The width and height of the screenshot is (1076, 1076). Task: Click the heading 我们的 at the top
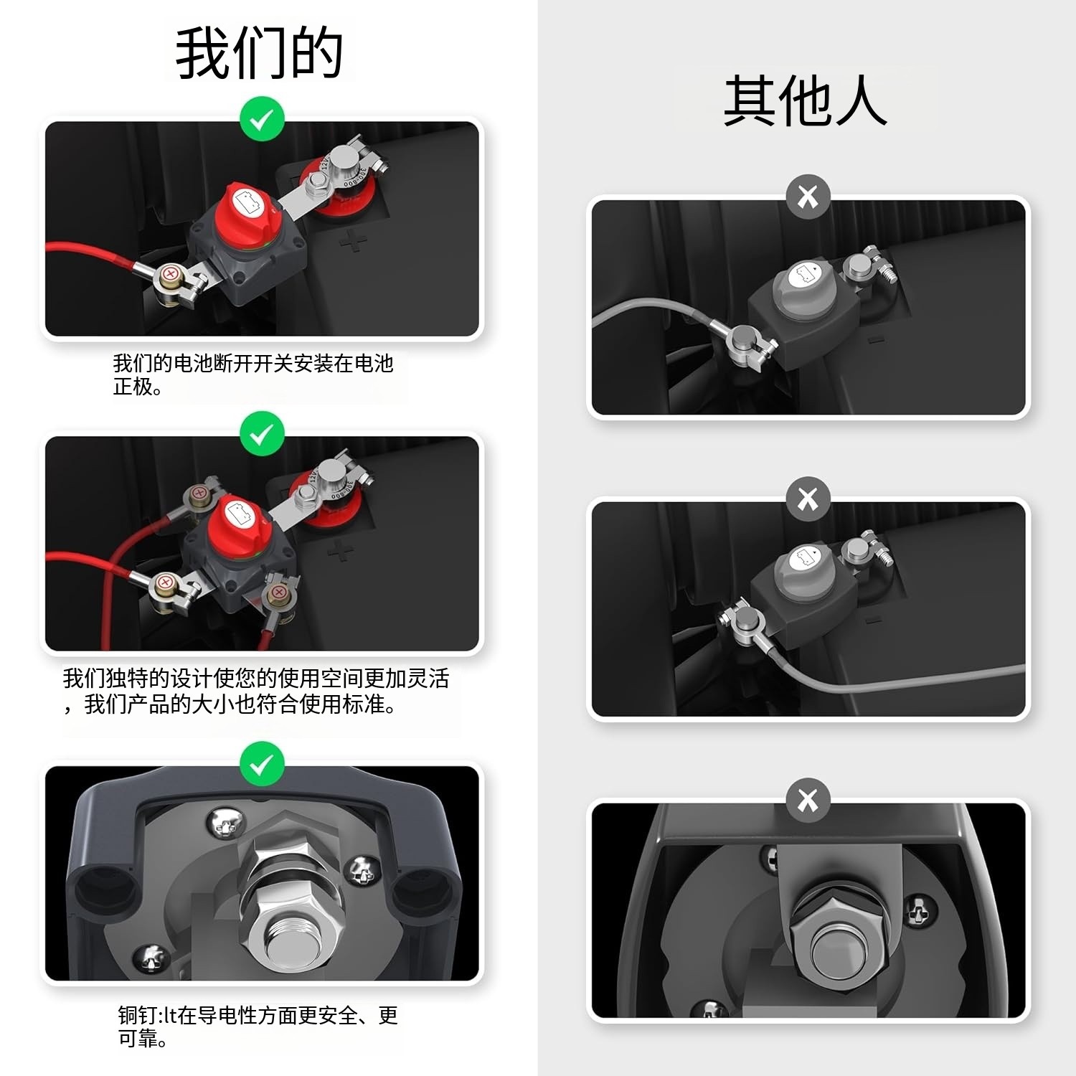click(x=260, y=53)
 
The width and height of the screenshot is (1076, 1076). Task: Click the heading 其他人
click(x=806, y=100)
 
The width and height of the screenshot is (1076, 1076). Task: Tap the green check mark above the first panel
click(x=262, y=118)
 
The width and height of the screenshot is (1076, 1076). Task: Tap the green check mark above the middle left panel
click(x=262, y=433)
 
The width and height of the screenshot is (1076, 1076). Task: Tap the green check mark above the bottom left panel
click(x=262, y=763)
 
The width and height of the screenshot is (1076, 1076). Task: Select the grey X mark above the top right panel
click(x=808, y=196)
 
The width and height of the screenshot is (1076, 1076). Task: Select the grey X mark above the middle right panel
click(x=808, y=499)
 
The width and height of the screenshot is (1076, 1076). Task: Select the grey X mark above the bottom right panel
click(x=808, y=800)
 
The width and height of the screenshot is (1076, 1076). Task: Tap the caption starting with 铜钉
click(x=258, y=1027)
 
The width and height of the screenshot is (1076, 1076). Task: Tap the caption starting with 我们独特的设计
click(x=256, y=691)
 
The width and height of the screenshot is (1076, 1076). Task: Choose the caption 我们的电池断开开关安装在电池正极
click(x=253, y=374)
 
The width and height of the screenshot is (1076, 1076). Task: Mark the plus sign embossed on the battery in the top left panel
click(x=352, y=242)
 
